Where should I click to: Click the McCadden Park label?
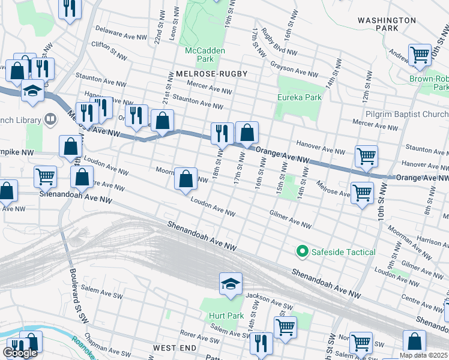(x=205, y=55)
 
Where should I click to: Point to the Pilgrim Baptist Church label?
(x=406, y=114)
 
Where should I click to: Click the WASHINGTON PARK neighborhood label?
(x=387, y=24)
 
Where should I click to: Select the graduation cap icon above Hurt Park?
(x=231, y=283)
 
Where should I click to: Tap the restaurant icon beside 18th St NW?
(x=222, y=133)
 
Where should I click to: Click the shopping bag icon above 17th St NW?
(x=247, y=132)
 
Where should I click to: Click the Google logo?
(x=20, y=353)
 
